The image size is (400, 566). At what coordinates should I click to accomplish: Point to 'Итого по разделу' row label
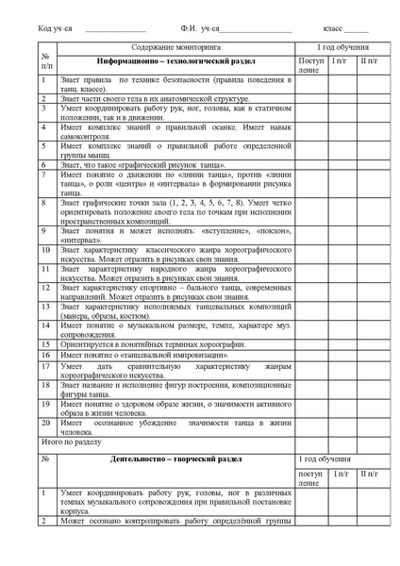(68, 440)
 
